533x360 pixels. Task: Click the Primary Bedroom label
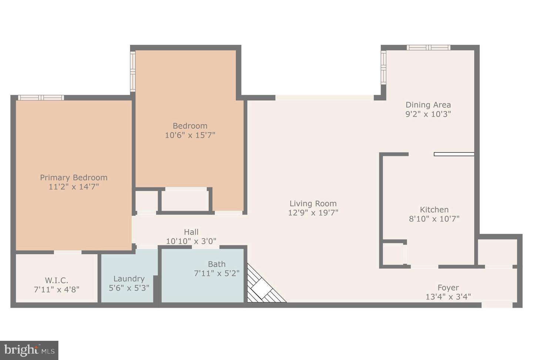[x=74, y=178]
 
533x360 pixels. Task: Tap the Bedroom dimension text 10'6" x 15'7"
[x=190, y=135]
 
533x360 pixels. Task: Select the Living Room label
[x=313, y=203]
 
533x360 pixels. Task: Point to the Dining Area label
[x=428, y=105]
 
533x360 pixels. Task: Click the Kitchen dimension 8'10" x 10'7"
[x=434, y=219]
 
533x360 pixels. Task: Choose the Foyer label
[x=448, y=288]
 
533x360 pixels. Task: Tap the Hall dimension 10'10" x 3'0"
[x=191, y=241]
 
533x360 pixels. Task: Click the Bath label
[x=217, y=264]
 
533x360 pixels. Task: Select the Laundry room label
[x=129, y=279]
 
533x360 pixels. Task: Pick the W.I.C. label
[x=57, y=280]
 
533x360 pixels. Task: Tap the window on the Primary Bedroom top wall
[x=41, y=98]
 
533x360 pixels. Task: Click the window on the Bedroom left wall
[x=133, y=71]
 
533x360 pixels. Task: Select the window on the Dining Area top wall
[x=429, y=48]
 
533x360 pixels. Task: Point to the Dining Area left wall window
[x=383, y=68]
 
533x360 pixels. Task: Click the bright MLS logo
[x=29, y=350]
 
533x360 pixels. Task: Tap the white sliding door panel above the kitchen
[x=454, y=154]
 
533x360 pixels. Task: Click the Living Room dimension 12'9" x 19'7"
[x=313, y=213]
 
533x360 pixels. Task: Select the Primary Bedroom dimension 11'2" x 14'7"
[x=74, y=186]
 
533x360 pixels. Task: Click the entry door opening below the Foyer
[x=497, y=305]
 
